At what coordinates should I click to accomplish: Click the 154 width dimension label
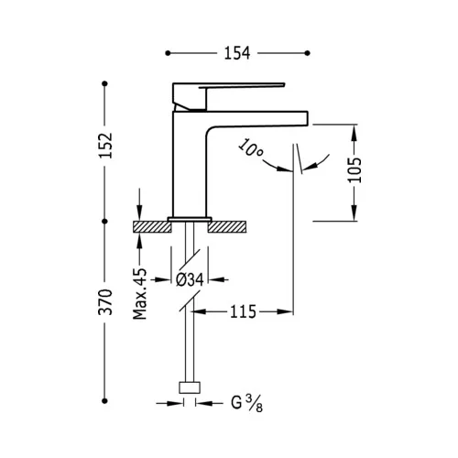(237, 53)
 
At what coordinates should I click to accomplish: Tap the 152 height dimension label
(106, 146)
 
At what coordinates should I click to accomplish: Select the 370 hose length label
(106, 302)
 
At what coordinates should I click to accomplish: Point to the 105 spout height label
(354, 170)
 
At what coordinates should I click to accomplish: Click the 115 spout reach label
(243, 311)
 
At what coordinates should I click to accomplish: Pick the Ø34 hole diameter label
(190, 279)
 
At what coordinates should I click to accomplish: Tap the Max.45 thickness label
(140, 294)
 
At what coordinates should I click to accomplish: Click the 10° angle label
(250, 147)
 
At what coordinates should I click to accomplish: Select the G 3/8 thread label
(246, 403)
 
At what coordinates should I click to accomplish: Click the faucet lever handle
(228, 85)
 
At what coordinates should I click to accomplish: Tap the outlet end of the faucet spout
(307, 118)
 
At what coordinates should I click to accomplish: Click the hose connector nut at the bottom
(190, 387)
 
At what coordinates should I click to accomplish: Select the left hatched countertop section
(152, 227)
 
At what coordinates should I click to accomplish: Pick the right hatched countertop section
(227, 227)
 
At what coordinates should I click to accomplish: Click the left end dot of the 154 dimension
(168, 53)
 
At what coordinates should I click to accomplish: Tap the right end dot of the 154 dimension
(308, 53)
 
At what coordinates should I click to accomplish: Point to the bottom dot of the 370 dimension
(104, 401)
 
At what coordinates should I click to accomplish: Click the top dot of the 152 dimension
(104, 83)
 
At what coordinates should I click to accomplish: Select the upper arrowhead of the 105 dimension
(354, 132)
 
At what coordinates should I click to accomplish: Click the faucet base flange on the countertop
(190, 219)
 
